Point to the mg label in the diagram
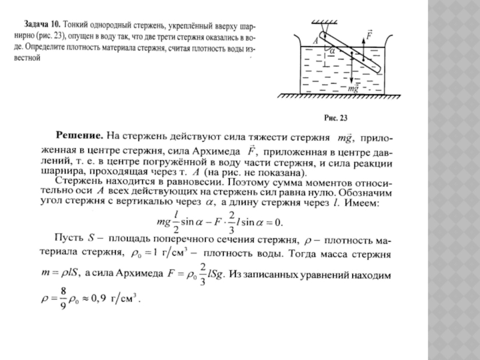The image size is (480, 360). [x=353, y=88]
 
